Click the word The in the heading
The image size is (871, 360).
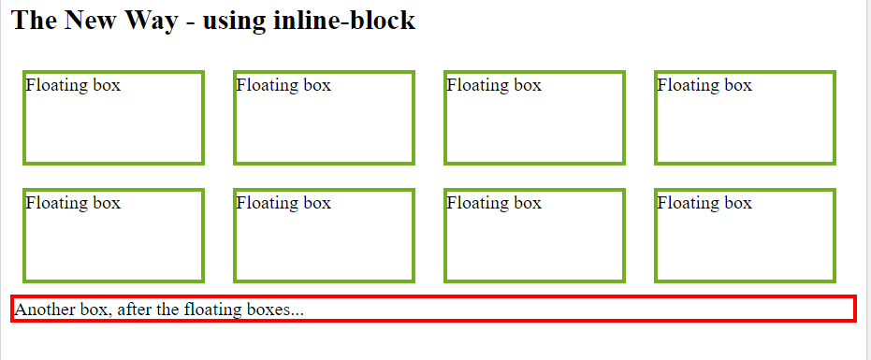click(33, 21)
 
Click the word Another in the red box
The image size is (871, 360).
click(44, 310)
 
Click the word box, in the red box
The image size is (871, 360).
click(94, 310)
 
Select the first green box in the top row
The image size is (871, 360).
click(113, 118)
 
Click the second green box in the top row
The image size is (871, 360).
click(324, 118)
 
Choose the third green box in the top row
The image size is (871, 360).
click(534, 118)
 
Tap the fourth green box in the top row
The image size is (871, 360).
click(745, 118)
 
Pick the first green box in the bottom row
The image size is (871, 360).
click(113, 236)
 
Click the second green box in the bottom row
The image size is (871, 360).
click(324, 236)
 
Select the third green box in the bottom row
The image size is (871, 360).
click(534, 236)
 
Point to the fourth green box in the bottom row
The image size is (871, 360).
click(745, 236)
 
